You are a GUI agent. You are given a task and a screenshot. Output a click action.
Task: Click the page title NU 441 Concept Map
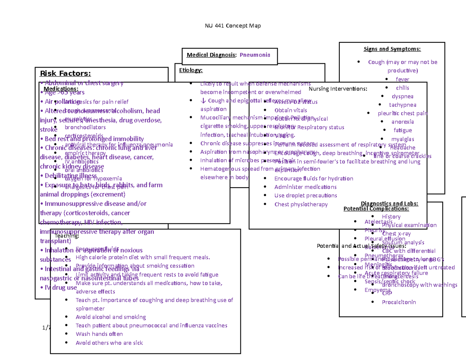pos(233,26)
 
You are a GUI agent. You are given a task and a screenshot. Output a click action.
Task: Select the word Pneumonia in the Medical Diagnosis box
pos(255,55)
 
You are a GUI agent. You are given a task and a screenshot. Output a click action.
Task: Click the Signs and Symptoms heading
pos(392,49)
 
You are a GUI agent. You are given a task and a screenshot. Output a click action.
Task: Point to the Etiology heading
pos(191,70)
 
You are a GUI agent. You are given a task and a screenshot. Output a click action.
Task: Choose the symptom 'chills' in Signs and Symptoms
pos(402,88)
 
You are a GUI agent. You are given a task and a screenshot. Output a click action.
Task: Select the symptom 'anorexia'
pos(402,122)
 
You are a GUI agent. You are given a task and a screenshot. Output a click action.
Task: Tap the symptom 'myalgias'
pos(402,139)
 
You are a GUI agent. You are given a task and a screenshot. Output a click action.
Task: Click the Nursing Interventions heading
pos(337,89)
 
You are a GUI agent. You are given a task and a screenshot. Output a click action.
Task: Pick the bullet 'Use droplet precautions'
pos(305,196)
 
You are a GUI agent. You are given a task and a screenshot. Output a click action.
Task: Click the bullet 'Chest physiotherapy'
pos(301,204)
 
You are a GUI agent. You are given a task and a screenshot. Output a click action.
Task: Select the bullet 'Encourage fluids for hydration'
pos(313,179)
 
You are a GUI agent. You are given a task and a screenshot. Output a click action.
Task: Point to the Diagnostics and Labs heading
pos(389,203)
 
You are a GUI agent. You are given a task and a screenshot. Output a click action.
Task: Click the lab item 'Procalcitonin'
pos(398,302)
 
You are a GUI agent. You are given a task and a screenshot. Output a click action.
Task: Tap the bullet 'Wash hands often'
pos(99,334)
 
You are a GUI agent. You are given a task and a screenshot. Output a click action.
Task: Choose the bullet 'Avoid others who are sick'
pos(109,343)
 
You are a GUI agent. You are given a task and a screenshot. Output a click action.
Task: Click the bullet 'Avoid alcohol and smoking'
pos(111,317)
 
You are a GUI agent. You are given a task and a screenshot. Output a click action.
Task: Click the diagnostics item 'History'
pos(391,217)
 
